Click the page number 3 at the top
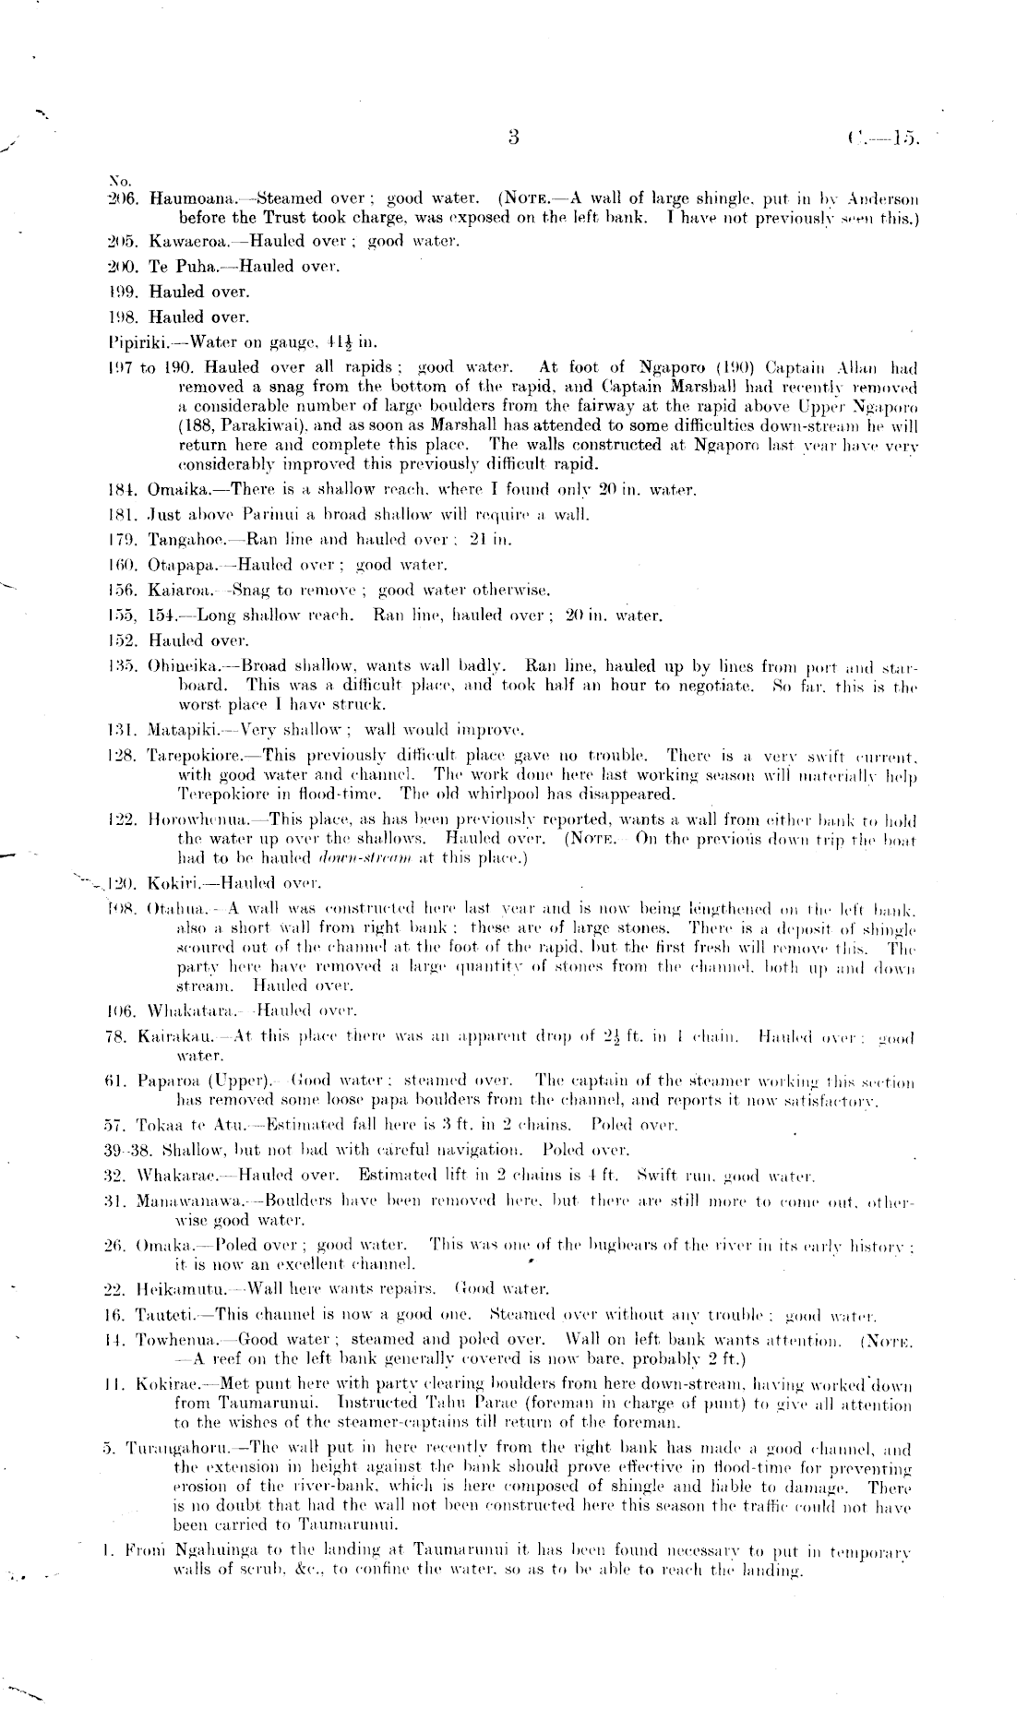(514, 137)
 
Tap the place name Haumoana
(182, 198)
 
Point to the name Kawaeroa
(183, 242)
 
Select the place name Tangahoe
(181, 540)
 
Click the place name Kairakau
(178, 1038)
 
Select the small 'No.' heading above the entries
(118, 180)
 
